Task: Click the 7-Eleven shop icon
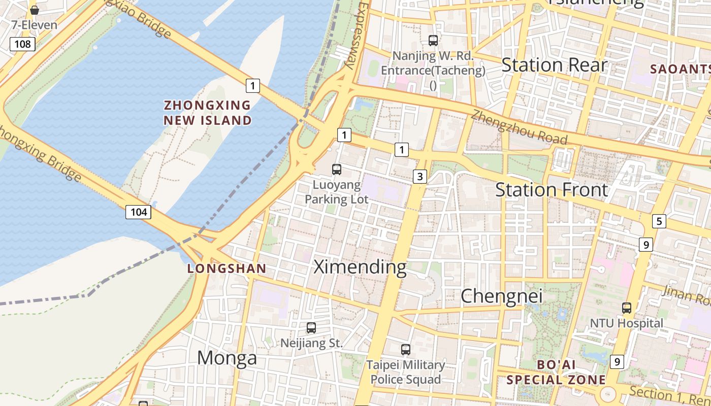point(35,10)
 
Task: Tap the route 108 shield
point(22,44)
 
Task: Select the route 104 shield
point(138,212)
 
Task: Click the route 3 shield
point(419,177)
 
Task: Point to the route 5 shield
point(659,221)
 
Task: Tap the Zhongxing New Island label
point(207,113)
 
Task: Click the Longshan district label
point(227,268)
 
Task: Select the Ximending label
point(360,267)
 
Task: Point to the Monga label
point(227,358)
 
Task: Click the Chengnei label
point(501,295)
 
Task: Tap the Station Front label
point(551,190)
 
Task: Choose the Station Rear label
point(554,65)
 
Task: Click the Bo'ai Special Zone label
point(556,372)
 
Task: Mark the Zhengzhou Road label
point(519,127)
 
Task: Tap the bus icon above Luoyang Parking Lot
point(336,170)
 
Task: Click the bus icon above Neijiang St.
point(311,328)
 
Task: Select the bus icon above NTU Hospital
point(627,308)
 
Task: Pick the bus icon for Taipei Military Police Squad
point(405,349)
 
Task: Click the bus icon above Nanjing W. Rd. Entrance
point(433,41)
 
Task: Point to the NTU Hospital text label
point(626,323)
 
